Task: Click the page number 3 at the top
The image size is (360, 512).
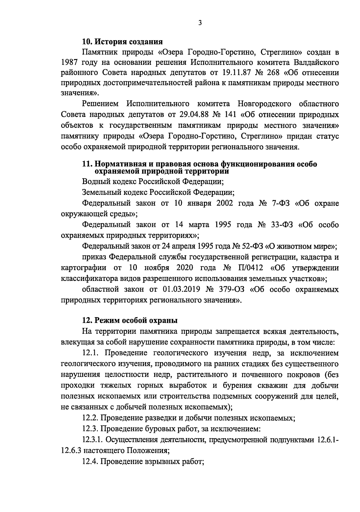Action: pos(200,23)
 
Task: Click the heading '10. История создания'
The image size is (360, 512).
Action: pos(122,41)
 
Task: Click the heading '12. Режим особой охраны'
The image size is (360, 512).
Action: pos(130,320)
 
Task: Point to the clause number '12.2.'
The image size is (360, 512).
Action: pos(90,418)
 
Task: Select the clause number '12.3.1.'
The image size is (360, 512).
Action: pos(93,439)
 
